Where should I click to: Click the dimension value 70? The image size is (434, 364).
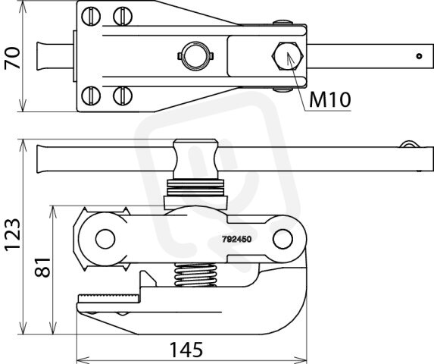coord(12,58)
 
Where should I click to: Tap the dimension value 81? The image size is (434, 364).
coord(42,268)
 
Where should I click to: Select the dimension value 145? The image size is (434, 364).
coord(186,350)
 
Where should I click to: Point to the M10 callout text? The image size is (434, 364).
coord(330,100)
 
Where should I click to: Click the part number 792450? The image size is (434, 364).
coord(236,239)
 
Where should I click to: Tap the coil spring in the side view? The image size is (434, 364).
coord(195,275)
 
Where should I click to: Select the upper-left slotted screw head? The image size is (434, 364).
coord(91,17)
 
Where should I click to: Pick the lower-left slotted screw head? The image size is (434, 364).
coord(91,96)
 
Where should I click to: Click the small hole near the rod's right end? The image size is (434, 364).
coord(420,56)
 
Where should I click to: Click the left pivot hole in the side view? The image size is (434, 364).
coord(105,239)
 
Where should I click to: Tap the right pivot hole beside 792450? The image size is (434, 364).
coord(283,239)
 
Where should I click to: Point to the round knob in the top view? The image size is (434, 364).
coord(195,56)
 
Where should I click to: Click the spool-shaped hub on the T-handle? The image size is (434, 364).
coord(195,159)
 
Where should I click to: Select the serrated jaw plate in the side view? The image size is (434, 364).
coord(109,300)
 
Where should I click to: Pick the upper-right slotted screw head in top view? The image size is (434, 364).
coord(123,17)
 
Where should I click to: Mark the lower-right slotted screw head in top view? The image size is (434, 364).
coord(123,96)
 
